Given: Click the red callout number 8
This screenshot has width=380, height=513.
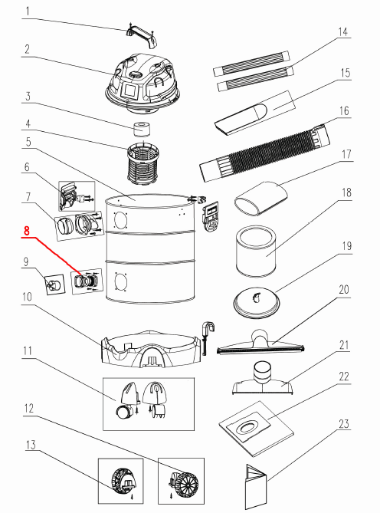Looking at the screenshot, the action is click(27, 230).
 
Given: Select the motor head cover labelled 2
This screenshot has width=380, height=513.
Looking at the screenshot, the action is click(142, 84).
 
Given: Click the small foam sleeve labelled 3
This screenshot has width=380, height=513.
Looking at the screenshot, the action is click(142, 129).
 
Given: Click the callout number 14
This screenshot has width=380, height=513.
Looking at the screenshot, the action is click(342, 32).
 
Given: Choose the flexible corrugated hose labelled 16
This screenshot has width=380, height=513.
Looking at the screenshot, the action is click(265, 152).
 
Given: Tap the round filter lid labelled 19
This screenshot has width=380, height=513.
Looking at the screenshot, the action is click(257, 303).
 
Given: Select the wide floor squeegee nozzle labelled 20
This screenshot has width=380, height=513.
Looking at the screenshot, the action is click(260, 343).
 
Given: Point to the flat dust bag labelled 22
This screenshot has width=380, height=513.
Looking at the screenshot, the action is click(256, 429).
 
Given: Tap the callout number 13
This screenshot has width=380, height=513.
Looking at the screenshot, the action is click(31, 446).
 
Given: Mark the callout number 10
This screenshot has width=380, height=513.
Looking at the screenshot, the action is click(27, 297).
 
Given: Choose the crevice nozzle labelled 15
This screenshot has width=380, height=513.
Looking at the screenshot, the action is click(254, 112).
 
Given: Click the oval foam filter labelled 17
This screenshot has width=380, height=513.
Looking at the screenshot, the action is click(261, 199).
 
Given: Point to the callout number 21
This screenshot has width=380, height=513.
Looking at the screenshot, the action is click(344, 346).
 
